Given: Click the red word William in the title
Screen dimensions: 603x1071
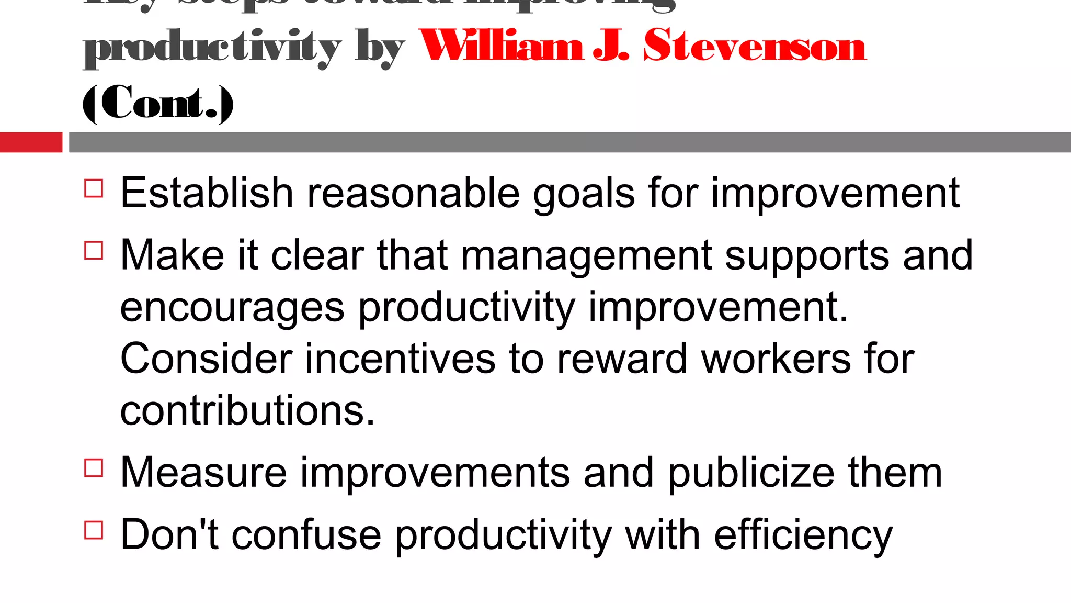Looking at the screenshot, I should pos(501,46).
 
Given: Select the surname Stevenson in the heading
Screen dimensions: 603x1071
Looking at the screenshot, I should pos(755,46).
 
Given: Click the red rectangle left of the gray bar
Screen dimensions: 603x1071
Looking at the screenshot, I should pos(31,142).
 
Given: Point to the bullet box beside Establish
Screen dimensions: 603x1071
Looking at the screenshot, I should pos(94,188).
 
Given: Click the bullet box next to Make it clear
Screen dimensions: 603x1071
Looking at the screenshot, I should pos(94,250).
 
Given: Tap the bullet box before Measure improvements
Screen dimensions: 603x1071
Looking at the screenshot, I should pos(94,467).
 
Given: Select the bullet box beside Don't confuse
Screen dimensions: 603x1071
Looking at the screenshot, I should pos(94,530).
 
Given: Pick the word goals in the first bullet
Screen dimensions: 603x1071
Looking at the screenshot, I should pos(584,194).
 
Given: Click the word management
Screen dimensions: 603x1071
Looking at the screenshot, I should pos(586,256).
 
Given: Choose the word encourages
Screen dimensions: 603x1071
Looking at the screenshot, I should pos(232,308).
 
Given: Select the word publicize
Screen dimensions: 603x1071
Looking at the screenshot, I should pos(751,473).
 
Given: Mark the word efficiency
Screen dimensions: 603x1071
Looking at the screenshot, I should pos(803,535).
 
